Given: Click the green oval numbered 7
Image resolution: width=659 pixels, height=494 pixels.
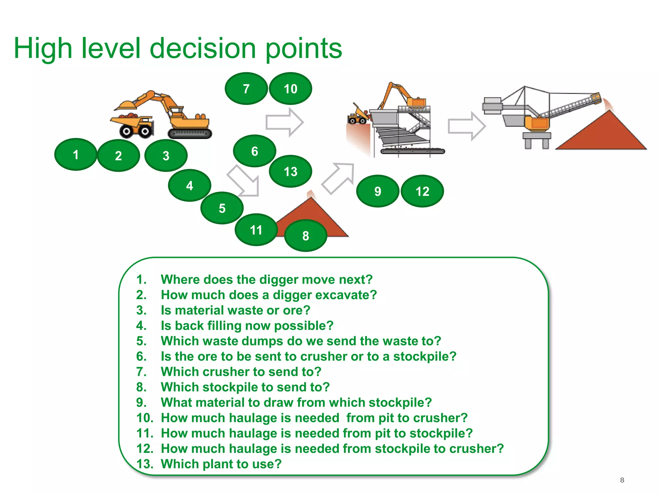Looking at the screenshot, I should pos(246,88).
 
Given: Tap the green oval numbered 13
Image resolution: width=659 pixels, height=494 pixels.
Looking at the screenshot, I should pos(291,171).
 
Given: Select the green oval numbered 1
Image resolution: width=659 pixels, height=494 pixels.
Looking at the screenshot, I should pos(76,155).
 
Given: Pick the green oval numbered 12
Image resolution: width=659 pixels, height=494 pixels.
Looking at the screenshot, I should pos(422,191).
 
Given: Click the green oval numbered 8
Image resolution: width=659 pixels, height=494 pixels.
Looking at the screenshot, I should pos(306,236).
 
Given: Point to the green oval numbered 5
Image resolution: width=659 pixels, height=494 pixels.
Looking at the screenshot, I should pos(222,208).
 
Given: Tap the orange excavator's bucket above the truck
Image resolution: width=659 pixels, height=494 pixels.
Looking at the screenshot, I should pos(125,105).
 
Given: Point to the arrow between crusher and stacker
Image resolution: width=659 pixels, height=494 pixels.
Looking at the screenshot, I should pos(467,126).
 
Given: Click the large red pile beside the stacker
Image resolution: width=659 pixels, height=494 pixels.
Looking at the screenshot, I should pos(602,133).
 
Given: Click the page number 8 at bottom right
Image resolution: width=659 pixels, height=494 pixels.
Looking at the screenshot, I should pos(622,480).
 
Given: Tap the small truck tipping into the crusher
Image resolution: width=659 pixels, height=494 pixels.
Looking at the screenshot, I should pos(358,116).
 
